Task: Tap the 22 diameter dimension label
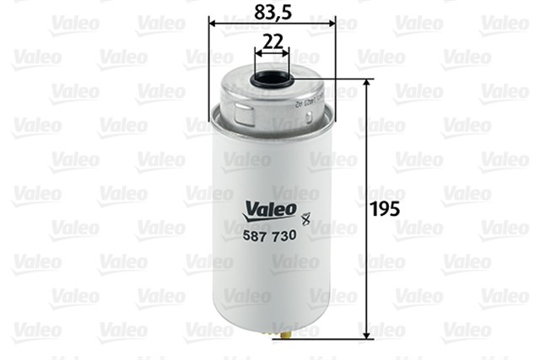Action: point(271,40)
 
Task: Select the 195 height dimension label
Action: point(384,206)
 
